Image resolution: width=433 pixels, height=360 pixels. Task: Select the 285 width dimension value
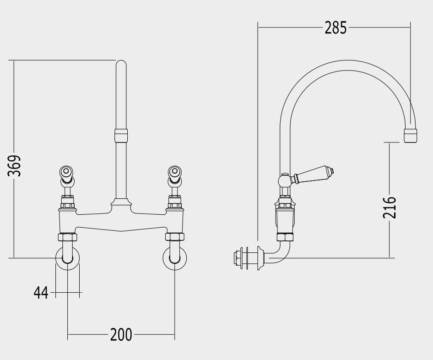[335, 28]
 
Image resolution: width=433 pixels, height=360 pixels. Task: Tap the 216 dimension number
[390, 207]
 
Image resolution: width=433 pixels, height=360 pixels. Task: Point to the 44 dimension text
[41, 293]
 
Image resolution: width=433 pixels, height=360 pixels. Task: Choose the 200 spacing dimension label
[121, 335]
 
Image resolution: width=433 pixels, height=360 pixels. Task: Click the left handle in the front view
[66, 175]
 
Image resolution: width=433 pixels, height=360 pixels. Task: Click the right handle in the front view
[175, 175]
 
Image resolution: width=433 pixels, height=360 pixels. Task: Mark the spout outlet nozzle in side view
[411, 136]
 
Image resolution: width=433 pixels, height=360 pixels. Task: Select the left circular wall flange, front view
[68, 258]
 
